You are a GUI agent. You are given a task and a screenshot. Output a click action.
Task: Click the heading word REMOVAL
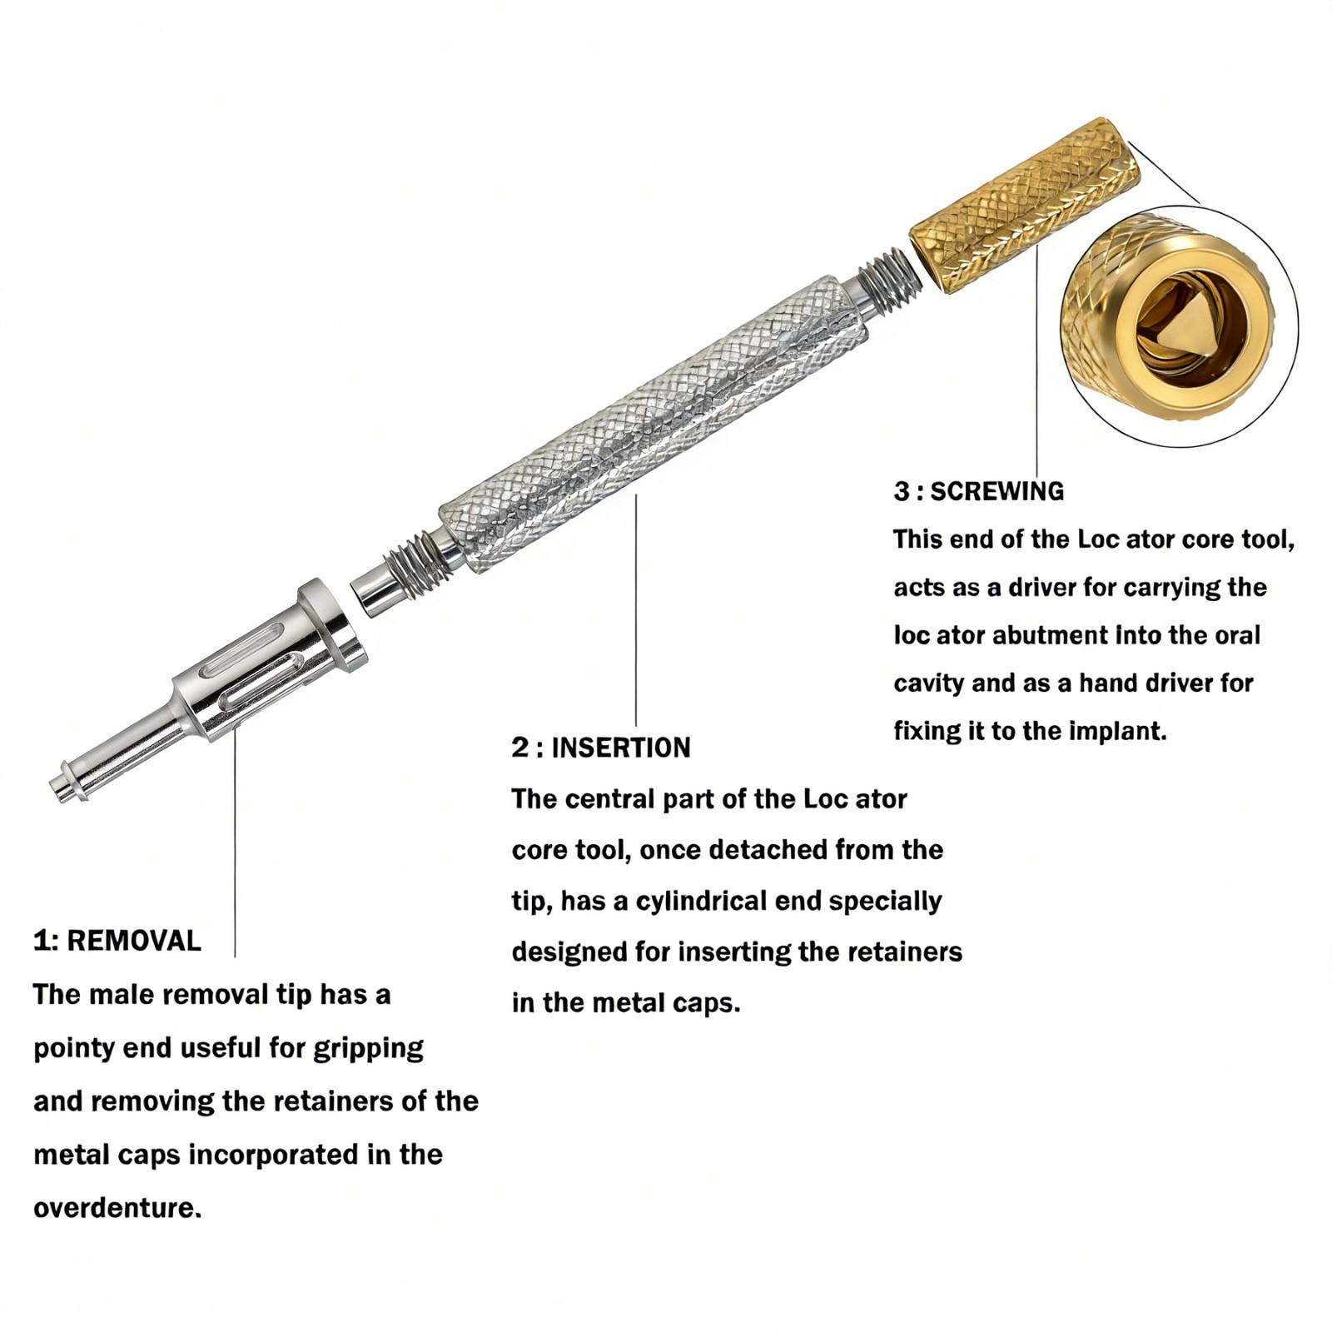[x=134, y=941]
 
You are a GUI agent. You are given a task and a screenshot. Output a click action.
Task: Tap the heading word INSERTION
[x=621, y=748]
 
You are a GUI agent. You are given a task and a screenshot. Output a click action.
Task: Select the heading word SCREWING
[x=997, y=491]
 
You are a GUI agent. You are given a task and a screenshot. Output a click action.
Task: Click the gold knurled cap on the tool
[x=1024, y=205]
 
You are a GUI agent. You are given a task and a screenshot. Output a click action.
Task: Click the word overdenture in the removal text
[x=117, y=1208]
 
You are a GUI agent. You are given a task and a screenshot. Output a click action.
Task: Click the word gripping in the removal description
[x=368, y=1049]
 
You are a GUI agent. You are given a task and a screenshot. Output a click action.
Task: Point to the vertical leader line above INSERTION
[x=636, y=610]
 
